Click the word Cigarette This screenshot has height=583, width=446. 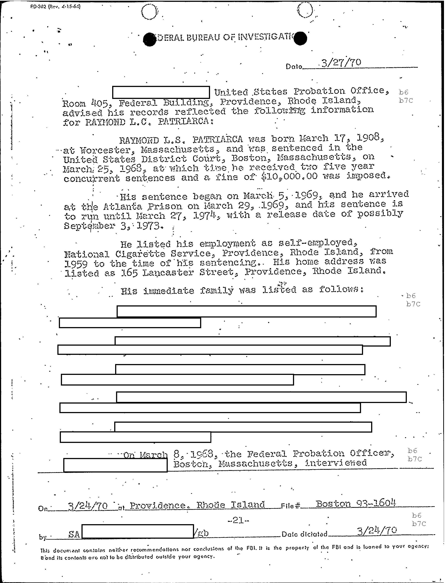pos(140,254)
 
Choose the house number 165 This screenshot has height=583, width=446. pos(129,272)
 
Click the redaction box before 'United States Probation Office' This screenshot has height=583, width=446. pos(161,92)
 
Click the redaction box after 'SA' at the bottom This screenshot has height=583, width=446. pos(138,532)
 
